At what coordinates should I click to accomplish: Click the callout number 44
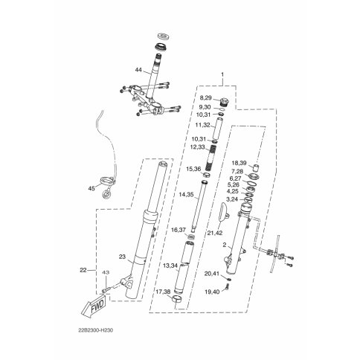[x=138, y=70]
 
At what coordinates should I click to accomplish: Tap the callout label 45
[x=91, y=188]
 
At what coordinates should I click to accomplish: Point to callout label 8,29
[x=206, y=98]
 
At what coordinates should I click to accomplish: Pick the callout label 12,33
[x=198, y=147]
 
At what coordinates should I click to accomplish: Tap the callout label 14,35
[x=186, y=195]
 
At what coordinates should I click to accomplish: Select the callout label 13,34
[x=170, y=266]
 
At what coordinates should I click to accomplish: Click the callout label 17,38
[x=163, y=292]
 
